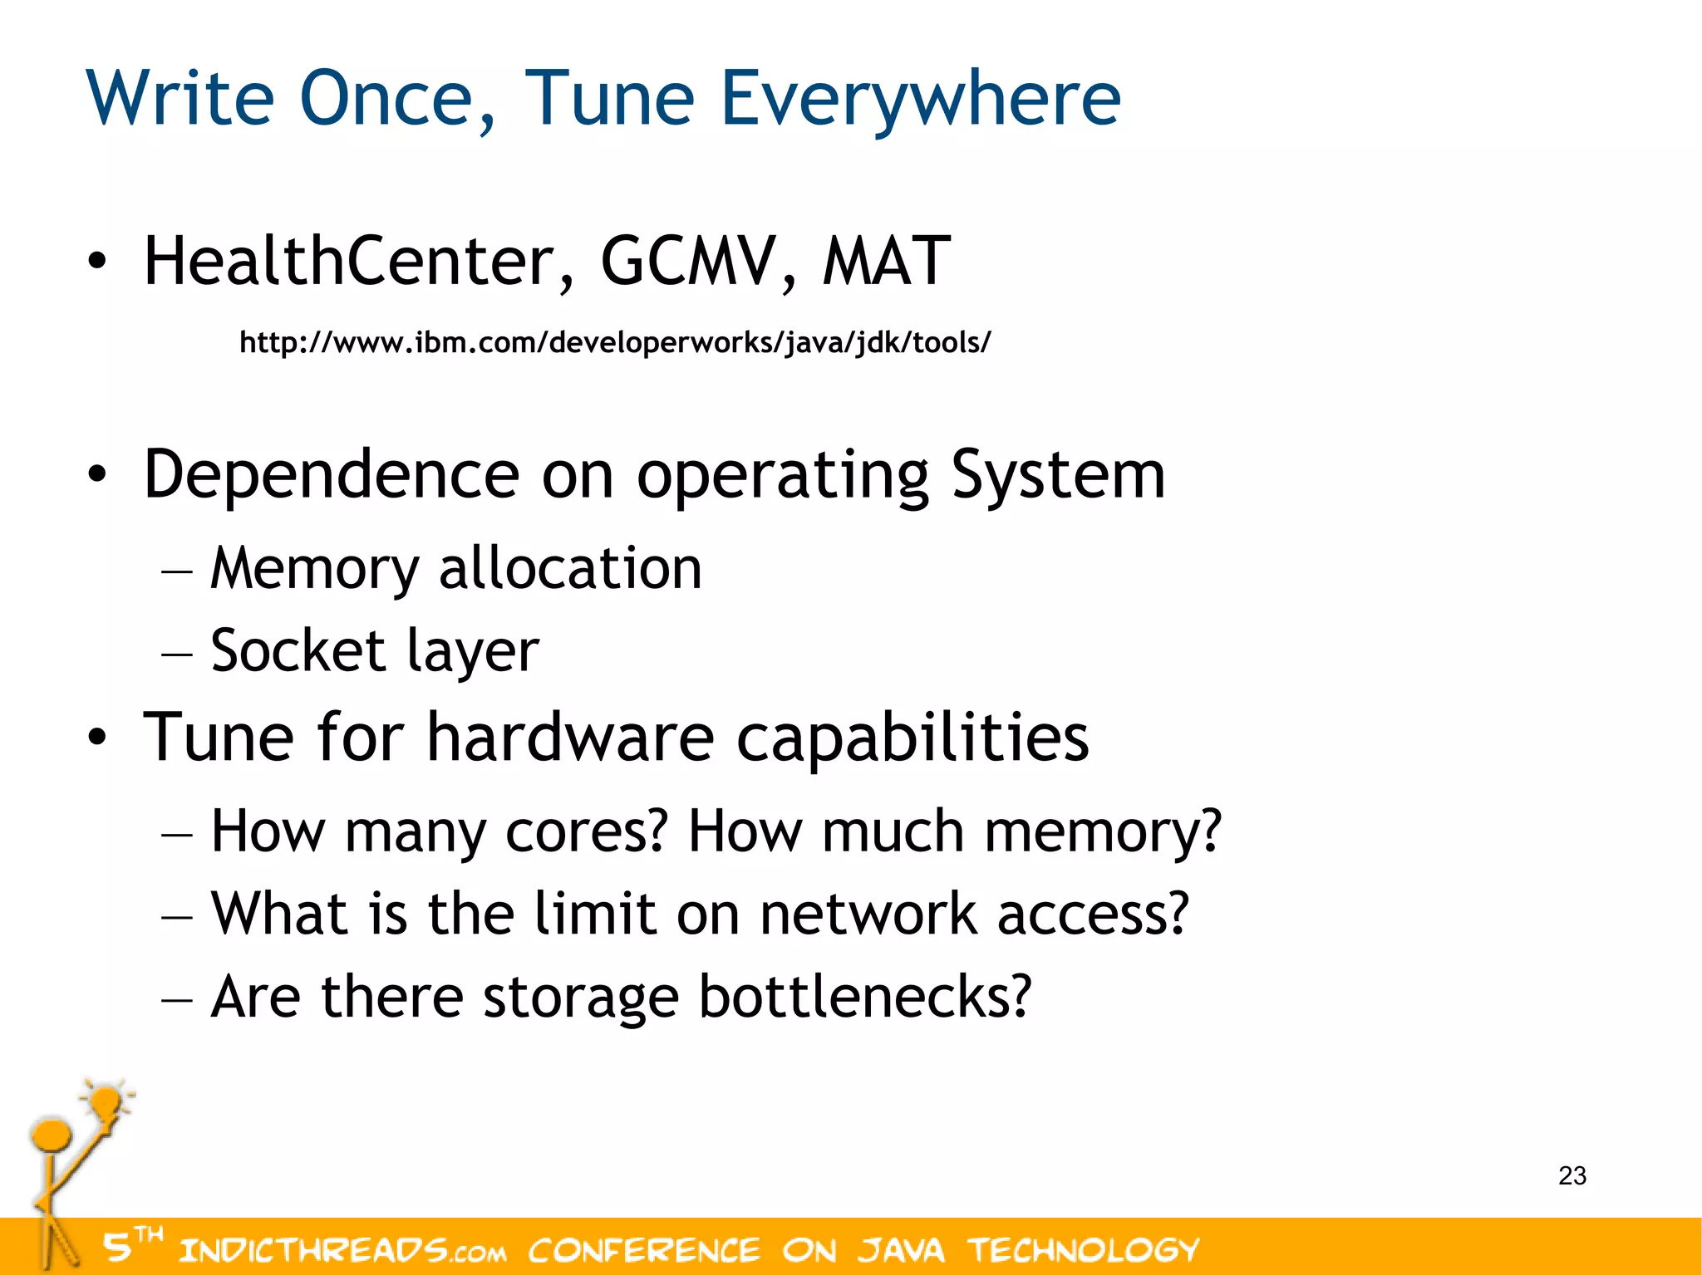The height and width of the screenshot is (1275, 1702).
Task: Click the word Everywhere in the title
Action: tap(920, 100)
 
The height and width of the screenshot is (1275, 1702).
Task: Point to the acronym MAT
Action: tap(886, 262)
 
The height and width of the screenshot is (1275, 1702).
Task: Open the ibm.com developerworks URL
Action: tap(615, 342)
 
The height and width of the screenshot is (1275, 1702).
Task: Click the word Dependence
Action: tap(331, 475)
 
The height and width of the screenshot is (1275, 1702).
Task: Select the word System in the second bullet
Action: tap(1057, 475)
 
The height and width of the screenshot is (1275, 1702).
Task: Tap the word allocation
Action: tap(570, 570)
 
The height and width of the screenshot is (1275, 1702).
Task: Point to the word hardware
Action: tap(570, 738)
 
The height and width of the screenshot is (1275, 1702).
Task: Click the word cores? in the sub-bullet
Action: tap(587, 831)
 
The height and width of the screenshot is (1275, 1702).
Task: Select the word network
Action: tap(868, 914)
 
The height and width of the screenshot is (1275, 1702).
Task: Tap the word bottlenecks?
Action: tap(864, 997)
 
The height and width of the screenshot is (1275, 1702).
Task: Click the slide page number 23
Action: tap(1572, 1176)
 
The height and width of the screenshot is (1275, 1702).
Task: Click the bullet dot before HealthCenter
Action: tap(97, 262)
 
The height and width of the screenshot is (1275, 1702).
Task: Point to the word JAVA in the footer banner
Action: tap(901, 1250)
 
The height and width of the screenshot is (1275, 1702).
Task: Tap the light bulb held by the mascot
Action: tap(106, 1104)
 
